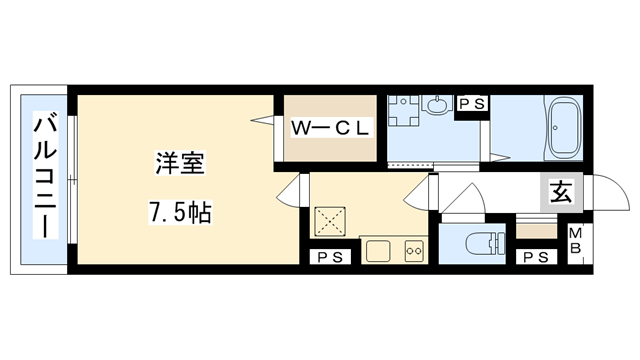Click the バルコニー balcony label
[44, 176]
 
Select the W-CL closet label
[331, 127]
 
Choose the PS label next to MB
[537, 256]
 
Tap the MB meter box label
[577, 244]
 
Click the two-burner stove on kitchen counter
[414, 250]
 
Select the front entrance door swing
[603, 194]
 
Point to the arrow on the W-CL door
[265, 121]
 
